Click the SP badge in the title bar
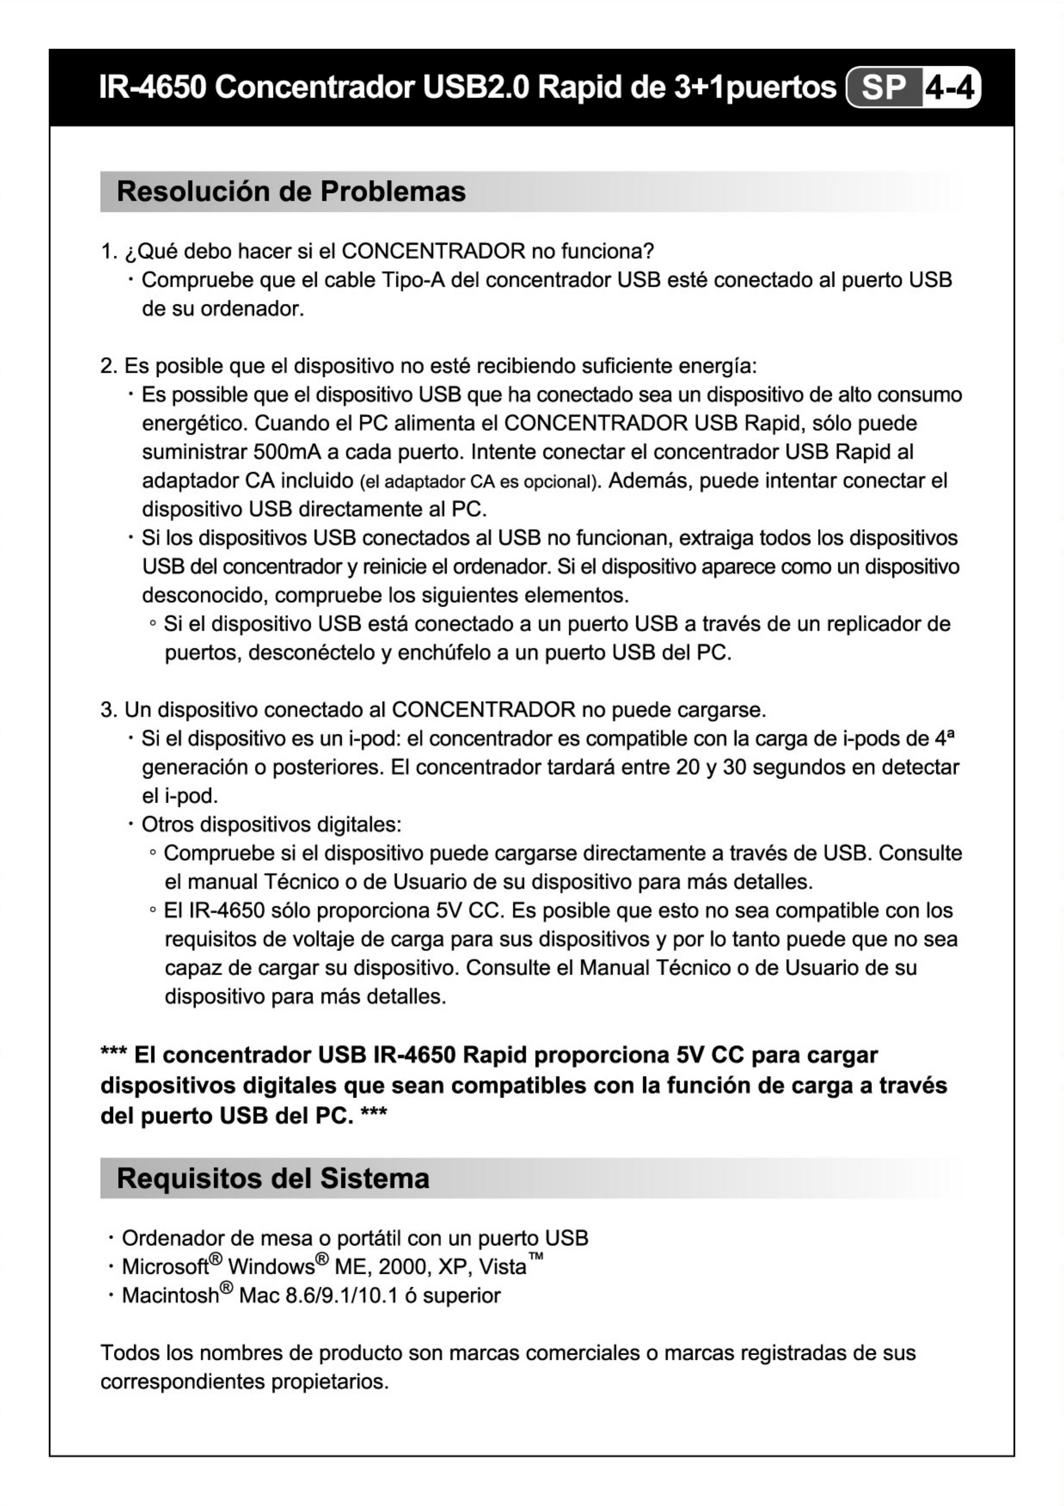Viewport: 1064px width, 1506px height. pyautogui.click(x=884, y=87)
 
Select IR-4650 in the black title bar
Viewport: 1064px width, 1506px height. pyautogui.click(x=152, y=87)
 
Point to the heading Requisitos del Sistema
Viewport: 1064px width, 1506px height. pyautogui.click(x=273, y=1178)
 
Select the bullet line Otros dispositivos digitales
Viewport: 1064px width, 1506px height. pyautogui.click(x=271, y=824)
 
